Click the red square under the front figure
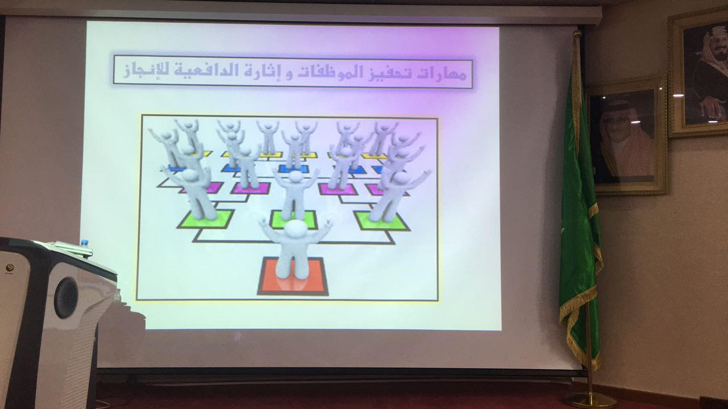(293, 277)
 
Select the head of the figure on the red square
(295, 228)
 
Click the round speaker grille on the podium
(66, 298)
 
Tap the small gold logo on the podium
(10, 268)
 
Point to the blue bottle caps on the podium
(85, 243)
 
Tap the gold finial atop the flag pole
(577, 34)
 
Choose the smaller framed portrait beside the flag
(628, 136)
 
